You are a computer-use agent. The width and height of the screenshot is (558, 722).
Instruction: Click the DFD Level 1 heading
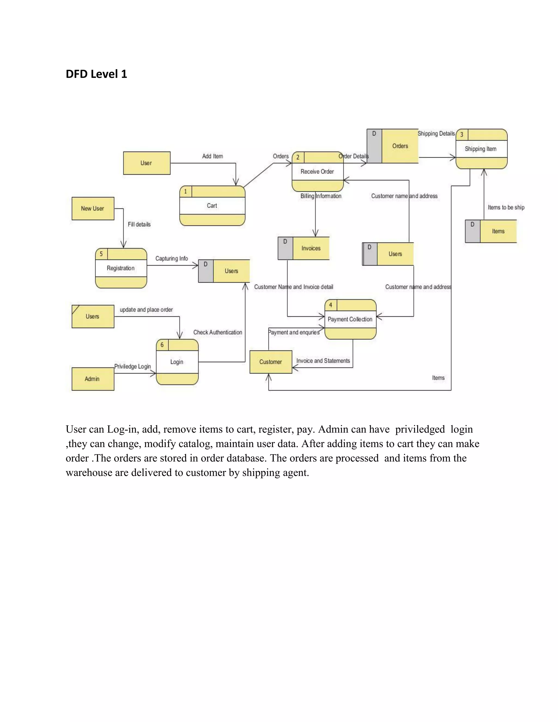click(x=96, y=74)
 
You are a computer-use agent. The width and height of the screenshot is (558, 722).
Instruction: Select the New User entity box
click(x=93, y=209)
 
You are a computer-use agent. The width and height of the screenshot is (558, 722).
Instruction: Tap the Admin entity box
click(x=93, y=379)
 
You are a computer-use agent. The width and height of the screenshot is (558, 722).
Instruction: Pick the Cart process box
click(x=212, y=206)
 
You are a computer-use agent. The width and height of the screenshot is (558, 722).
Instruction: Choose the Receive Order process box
click(x=317, y=172)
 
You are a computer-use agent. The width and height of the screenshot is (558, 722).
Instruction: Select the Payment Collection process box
click(x=350, y=319)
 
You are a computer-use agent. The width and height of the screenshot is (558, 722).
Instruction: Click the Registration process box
click(x=121, y=268)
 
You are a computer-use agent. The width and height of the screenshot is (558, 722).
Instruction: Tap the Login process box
click(x=177, y=362)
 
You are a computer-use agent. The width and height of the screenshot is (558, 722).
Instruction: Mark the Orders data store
click(x=400, y=146)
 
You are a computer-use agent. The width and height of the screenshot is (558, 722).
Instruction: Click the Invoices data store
click(x=311, y=248)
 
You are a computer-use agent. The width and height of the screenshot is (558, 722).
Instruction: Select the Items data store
click(x=498, y=231)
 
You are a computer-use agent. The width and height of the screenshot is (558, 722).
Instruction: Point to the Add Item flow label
click(x=213, y=156)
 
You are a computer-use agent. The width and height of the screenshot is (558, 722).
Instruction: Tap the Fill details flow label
click(x=139, y=225)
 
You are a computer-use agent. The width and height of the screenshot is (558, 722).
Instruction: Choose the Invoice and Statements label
click(x=323, y=361)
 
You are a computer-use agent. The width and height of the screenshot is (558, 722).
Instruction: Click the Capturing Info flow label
click(x=172, y=259)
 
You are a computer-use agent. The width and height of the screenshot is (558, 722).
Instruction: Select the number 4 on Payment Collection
click(x=330, y=305)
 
